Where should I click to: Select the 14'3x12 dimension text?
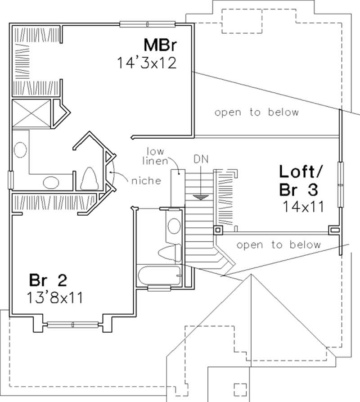pyautogui.click(x=146, y=63)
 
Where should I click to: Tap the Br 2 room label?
pyautogui.click(x=48, y=280)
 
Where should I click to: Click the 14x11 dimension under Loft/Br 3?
pyautogui.click(x=303, y=207)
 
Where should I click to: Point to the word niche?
pyautogui.click(x=146, y=181)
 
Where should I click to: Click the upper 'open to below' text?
pyautogui.click(x=256, y=112)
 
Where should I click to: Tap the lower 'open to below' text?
pyautogui.click(x=279, y=245)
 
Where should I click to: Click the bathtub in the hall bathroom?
pyautogui.click(x=159, y=275)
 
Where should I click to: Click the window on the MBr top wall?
pyautogui.click(x=147, y=24)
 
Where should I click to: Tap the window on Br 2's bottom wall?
pyautogui.click(x=73, y=324)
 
